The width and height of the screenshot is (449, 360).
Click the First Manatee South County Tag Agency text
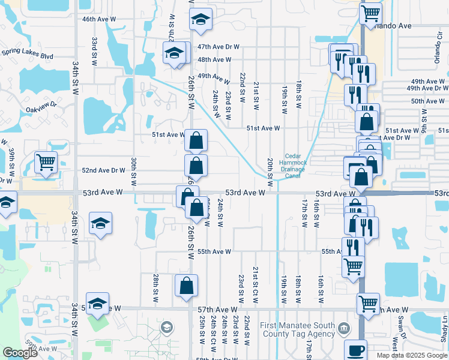(297, 330)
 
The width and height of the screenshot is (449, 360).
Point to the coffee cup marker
(355, 350)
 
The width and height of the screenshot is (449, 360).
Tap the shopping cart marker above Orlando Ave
(370, 13)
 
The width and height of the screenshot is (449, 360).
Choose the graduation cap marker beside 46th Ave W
(200, 19)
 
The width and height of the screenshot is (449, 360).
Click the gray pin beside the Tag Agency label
(343, 328)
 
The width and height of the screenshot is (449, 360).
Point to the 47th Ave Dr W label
(218, 46)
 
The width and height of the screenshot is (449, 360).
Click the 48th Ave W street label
(214, 59)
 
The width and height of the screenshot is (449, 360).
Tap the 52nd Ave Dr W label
(104, 170)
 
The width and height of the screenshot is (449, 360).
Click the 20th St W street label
(270, 173)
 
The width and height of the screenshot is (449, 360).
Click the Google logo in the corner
(20, 353)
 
